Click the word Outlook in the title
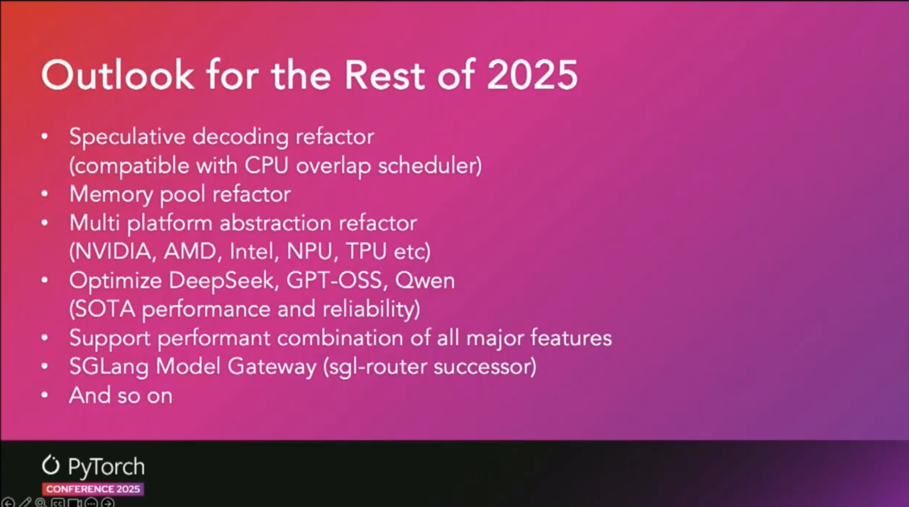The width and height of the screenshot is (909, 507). (118, 75)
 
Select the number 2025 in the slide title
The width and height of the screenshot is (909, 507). (532, 75)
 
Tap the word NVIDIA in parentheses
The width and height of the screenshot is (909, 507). (113, 252)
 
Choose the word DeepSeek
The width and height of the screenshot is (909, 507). (222, 281)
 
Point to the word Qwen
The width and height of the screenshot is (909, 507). (425, 281)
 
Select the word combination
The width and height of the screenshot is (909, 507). (340, 338)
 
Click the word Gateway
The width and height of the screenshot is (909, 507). (272, 367)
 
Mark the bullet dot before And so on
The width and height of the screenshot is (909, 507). (45, 395)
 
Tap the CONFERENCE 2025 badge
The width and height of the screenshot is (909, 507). (93, 489)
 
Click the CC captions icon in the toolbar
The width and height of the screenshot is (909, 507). (58, 503)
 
